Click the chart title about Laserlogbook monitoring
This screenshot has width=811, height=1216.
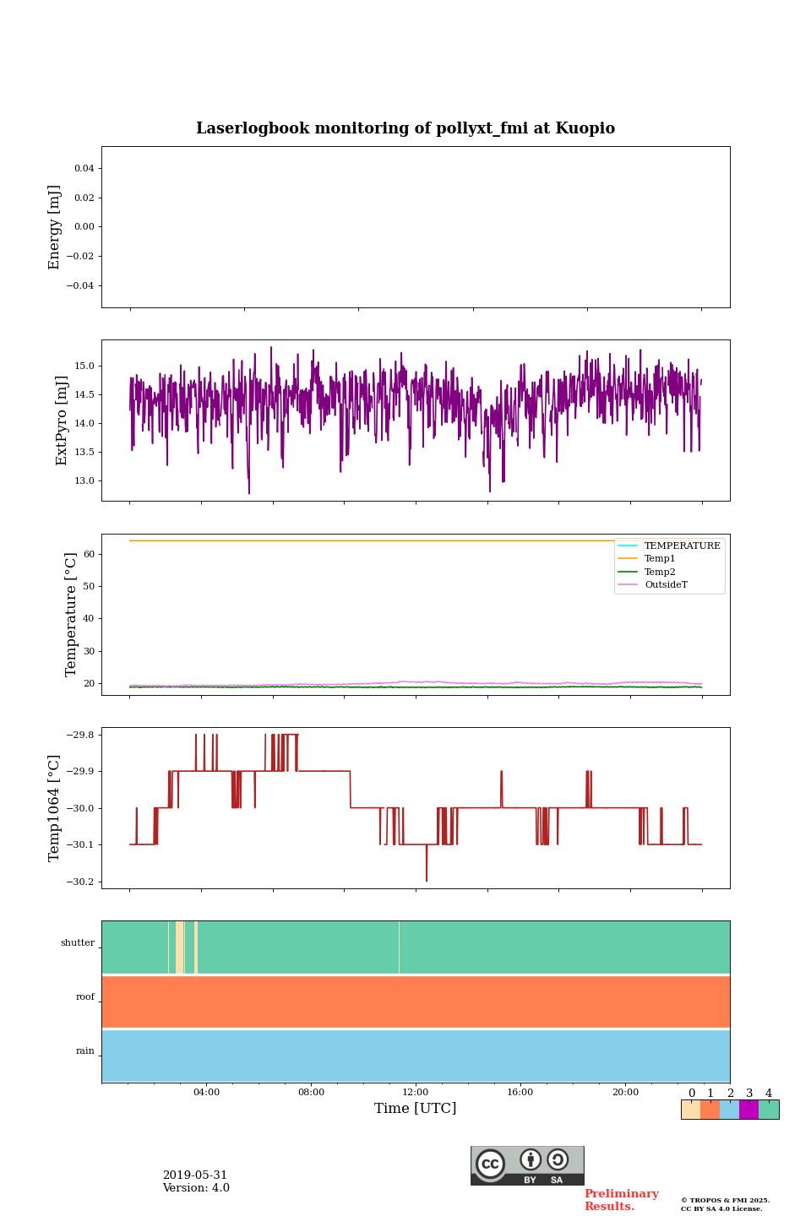click(405, 128)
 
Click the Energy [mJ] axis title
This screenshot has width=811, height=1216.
click(55, 227)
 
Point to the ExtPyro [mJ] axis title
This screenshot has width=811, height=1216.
click(62, 421)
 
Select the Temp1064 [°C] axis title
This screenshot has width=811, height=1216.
click(55, 808)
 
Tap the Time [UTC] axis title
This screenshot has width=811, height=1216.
click(415, 1108)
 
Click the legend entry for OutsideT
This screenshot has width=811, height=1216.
click(666, 585)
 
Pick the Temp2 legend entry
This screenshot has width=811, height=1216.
click(660, 572)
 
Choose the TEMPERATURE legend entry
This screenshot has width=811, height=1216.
click(682, 546)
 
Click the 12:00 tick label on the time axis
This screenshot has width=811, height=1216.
click(415, 1092)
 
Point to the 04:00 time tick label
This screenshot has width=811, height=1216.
click(206, 1092)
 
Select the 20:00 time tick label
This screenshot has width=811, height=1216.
click(625, 1092)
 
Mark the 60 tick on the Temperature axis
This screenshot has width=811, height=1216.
click(87, 555)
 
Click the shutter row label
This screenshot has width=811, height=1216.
click(78, 943)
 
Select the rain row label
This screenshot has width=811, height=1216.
click(85, 1051)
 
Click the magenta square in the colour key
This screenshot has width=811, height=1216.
click(748, 1110)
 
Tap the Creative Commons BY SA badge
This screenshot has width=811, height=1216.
click(527, 1165)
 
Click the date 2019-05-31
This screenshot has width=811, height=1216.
click(195, 1175)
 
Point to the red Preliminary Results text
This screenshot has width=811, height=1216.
click(621, 1200)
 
